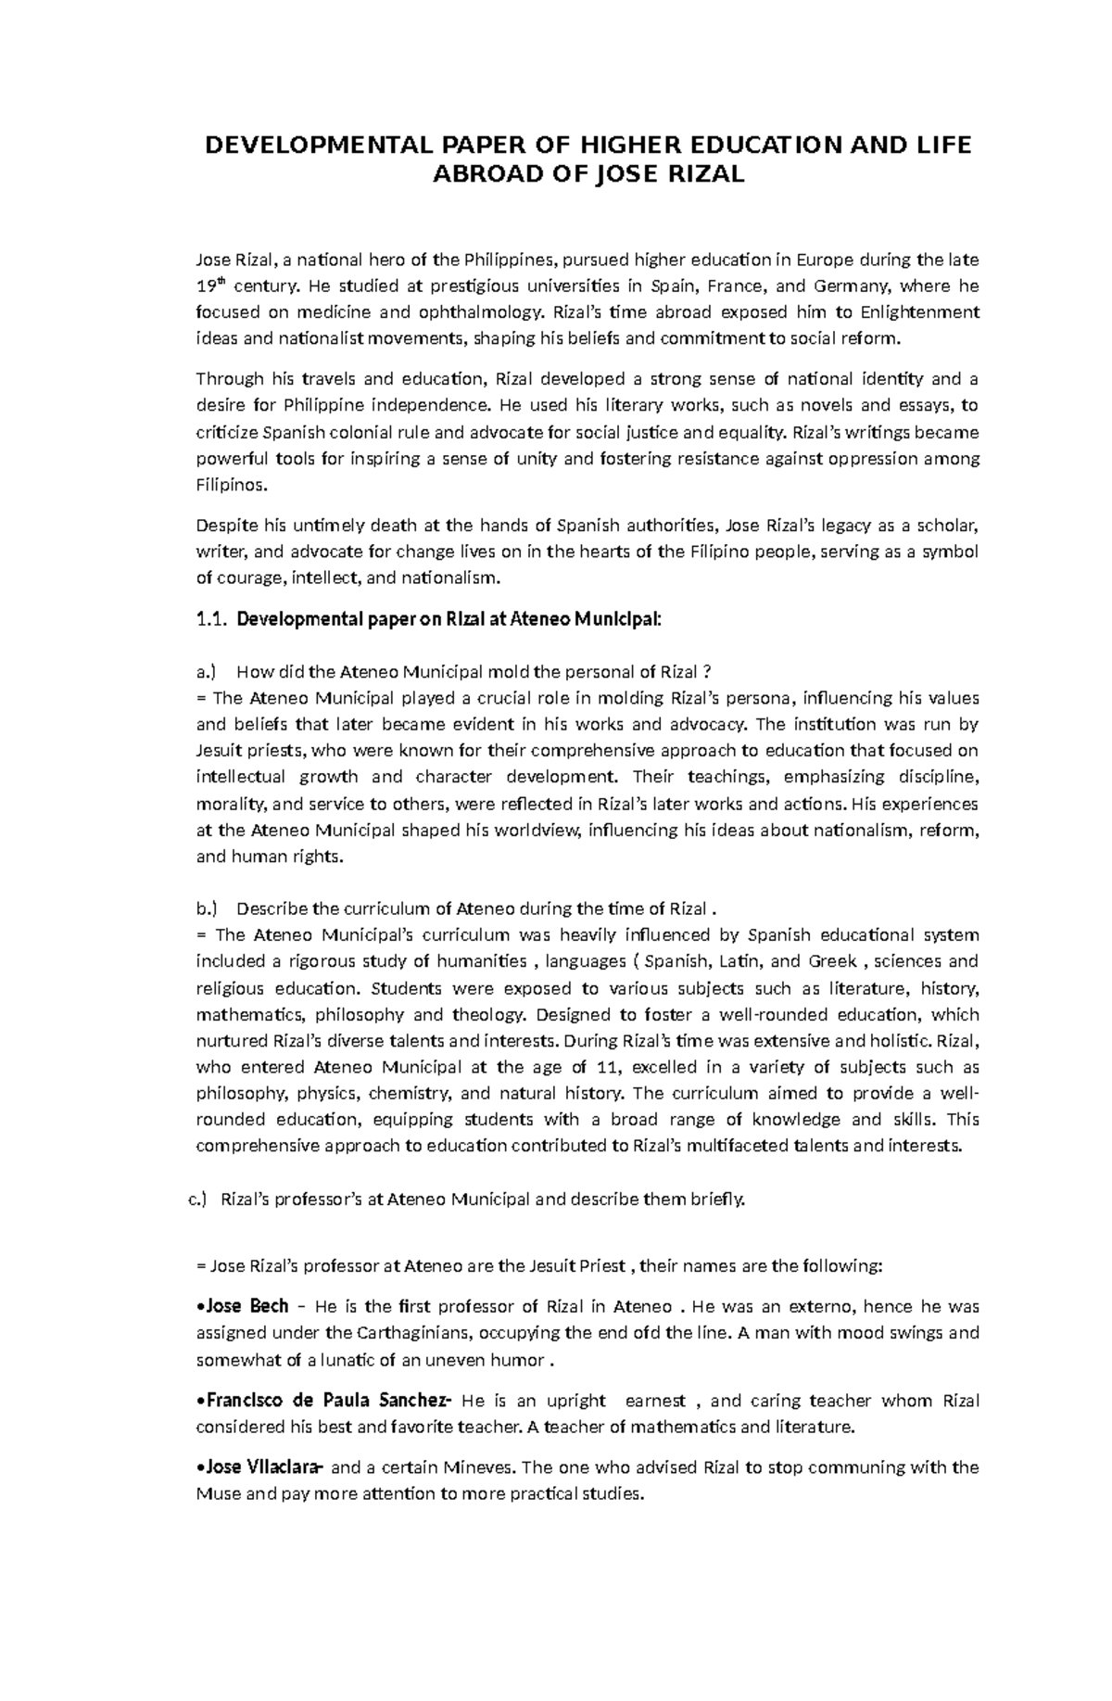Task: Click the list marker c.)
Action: click(x=197, y=1200)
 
